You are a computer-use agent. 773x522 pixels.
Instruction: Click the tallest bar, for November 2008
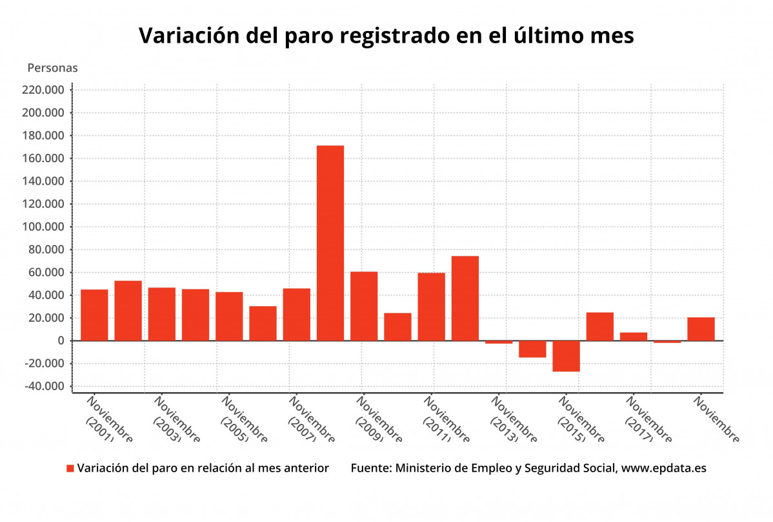[x=330, y=243]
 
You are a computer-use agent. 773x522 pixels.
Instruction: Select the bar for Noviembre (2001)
[x=94, y=315]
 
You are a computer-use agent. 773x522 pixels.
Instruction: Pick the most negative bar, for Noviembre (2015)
[x=566, y=356]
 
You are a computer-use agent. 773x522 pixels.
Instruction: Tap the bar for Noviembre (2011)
[x=431, y=306]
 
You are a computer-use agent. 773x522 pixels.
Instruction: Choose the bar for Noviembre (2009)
[x=364, y=306]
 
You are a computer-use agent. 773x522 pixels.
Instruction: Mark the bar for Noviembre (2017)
[x=633, y=337]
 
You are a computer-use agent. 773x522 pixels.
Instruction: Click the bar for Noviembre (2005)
[x=229, y=316]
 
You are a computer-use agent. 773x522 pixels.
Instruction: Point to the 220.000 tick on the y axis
[x=43, y=90]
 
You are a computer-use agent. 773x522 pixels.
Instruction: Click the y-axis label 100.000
[x=43, y=227]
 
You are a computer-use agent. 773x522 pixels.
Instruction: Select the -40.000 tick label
[x=43, y=386]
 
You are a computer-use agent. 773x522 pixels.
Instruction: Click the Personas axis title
[x=52, y=68]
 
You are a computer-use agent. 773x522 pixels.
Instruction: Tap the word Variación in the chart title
[x=188, y=36]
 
